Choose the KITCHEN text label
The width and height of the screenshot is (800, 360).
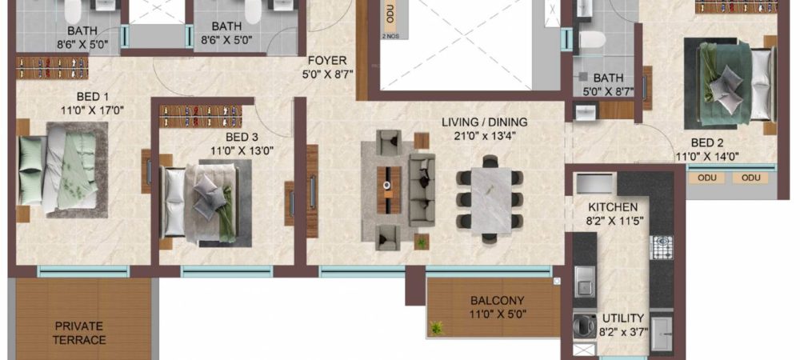(613, 207)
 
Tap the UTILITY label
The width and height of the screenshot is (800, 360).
(623, 318)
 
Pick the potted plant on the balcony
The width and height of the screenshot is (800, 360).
(437, 327)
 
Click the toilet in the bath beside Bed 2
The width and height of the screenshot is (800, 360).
(592, 40)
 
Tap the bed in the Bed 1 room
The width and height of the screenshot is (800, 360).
(62, 170)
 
